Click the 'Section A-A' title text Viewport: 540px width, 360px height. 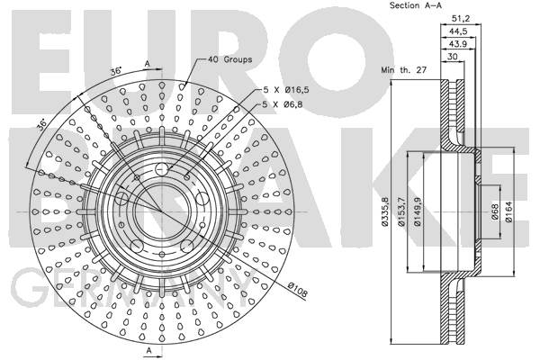[x=415, y=5]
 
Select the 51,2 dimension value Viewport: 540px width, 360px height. [x=461, y=18]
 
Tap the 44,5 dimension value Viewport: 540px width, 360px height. [x=458, y=31]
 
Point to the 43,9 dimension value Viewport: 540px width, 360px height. [x=458, y=44]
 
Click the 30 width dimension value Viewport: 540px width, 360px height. [x=452, y=57]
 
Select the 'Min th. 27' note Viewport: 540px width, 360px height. [x=403, y=70]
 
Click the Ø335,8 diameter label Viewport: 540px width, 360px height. [x=385, y=211]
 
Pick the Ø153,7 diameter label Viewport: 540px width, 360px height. [x=401, y=211]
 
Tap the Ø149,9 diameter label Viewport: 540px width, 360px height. [x=418, y=211]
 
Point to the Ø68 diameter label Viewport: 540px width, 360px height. [x=495, y=211]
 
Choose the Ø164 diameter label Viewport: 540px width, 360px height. [x=508, y=211]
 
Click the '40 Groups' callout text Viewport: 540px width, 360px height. [x=229, y=59]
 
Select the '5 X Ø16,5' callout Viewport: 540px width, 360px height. [x=286, y=90]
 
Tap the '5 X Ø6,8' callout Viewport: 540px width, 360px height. [x=283, y=104]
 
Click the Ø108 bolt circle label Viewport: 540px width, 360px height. [x=297, y=289]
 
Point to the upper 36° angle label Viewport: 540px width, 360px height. [x=116, y=71]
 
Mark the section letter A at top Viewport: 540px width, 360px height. [x=148, y=64]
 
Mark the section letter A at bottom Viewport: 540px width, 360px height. [x=148, y=350]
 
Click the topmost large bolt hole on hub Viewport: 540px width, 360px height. [x=161, y=169]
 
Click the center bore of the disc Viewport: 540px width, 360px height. [x=161, y=211]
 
